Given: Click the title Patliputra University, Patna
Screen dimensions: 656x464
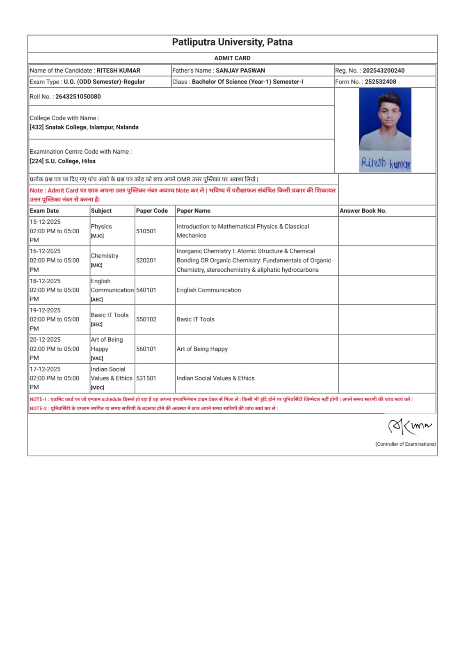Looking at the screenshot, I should click(x=232, y=42).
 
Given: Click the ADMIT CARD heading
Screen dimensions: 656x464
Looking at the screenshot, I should click(x=232, y=58).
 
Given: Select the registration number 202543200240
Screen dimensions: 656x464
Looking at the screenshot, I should click(x=383, y=71).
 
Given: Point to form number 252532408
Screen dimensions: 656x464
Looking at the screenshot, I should click(x=380, y=82).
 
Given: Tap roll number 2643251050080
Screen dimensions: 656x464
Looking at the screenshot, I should click(x=78, y=97).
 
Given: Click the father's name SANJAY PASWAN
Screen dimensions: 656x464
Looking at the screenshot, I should click(x=240, y=71).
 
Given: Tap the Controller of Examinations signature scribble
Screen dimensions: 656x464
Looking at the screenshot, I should click(x=409, y=426).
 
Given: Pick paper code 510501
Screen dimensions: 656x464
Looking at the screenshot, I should click(x=146, y=231).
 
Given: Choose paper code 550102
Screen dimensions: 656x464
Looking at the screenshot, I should click(x=146, y=319).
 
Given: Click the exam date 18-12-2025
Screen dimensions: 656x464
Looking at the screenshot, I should click(x=45, y=281).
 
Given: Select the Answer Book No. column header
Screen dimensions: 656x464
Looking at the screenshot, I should click(x=363, y=211).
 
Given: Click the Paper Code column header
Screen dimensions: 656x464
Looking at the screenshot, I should click(x=152, y=211).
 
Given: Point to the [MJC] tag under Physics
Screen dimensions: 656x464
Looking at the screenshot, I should click(x=97, y=236).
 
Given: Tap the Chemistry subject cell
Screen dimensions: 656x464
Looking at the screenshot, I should click(x=105, y=256).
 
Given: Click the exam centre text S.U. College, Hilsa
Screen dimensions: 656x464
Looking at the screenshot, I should click(x=70, y=161).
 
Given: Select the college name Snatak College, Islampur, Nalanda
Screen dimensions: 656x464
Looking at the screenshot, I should click(x=91, y=128).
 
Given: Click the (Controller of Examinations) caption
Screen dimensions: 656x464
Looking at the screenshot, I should click(x=405, y=444).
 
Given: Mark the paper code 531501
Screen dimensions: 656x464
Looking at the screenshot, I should click(x=146, y=378).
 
